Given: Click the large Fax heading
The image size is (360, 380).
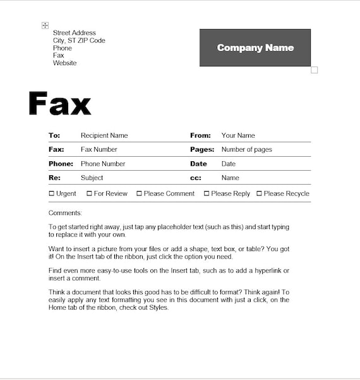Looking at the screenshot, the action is coord(60,104).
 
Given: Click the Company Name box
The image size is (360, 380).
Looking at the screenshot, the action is coord(255,47).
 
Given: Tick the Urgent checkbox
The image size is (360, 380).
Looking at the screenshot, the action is coord(52,193).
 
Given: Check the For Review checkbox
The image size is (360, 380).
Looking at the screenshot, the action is coord(90,193).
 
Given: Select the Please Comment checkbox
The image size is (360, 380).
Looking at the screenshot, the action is coord(140,193).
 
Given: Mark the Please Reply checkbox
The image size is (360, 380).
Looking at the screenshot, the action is coord(207,193).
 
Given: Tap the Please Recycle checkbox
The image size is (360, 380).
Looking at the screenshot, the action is coord(259,193).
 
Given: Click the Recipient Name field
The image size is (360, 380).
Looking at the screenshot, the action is coord(104,135).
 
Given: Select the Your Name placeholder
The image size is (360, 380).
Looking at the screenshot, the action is coord(238,135).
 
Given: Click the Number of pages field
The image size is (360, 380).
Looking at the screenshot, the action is coord(246,150).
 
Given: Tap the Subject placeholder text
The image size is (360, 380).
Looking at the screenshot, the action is coord(92,178).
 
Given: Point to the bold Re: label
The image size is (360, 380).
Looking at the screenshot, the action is coord(54,178).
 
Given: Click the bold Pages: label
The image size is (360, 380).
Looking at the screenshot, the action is coord(202,150).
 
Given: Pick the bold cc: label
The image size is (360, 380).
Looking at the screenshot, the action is coord(196,178).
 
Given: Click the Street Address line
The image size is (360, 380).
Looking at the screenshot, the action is coord(75,33).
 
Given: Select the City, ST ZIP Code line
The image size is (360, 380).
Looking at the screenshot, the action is coord(79,40).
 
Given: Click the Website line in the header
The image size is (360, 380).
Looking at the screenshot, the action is coord(64,63).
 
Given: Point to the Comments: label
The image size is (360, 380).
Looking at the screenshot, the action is coord(65,213).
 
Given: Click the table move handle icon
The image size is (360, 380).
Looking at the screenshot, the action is coord(45,25).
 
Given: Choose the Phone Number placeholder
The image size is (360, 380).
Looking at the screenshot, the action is coord(103,164).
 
